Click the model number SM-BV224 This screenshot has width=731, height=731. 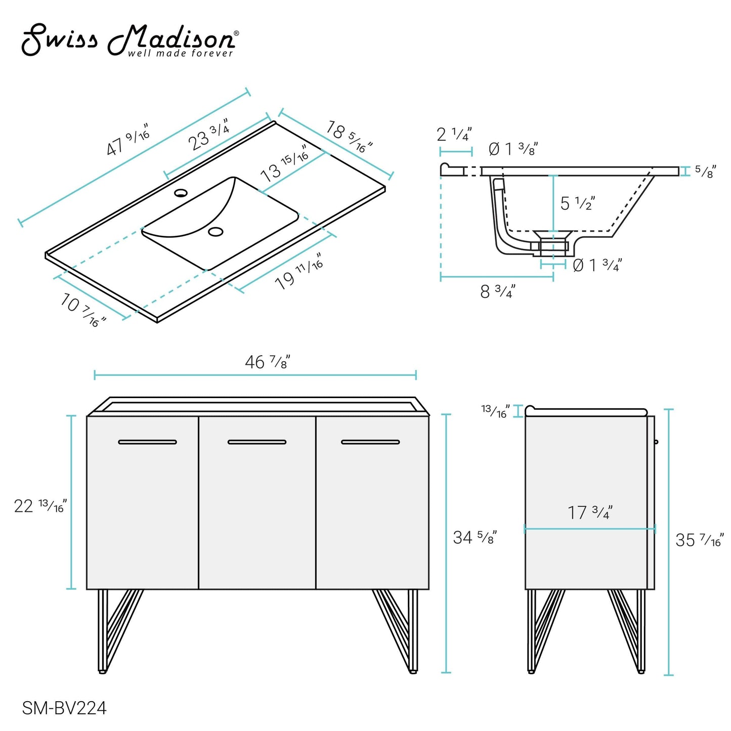(x=64, y=708)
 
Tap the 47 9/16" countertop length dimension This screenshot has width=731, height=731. (x=128, y=139)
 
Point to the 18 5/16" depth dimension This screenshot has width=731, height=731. (x=349, y=137)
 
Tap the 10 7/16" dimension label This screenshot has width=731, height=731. (x=83, y=309)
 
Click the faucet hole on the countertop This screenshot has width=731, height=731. (x=181, y=192)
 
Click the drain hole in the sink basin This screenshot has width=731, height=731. (x=216, y=232)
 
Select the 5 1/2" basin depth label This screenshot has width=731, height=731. (x=577, y=203)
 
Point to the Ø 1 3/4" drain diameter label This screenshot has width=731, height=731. (x=597, y=265)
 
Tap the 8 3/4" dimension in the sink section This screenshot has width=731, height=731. (x=497, y=291)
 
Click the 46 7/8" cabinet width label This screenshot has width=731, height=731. (x=267, y=362)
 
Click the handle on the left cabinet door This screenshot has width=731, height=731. (x=147, y=442)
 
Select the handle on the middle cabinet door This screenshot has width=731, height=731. (x=257, y=442)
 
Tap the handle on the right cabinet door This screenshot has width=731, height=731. (x=370, y=442)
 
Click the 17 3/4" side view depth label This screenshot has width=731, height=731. (x=589, y=512)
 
